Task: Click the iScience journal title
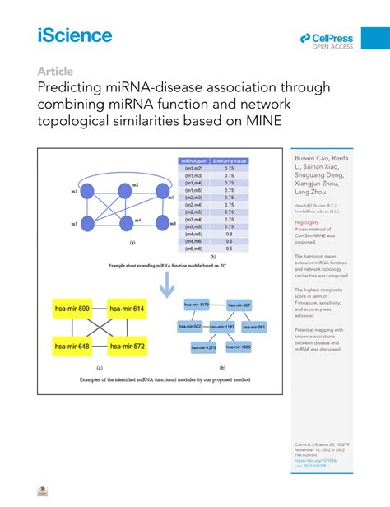click(x=74, y=35)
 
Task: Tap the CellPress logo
click(x=327, y=40)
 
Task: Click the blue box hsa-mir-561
click(x=255, y=326)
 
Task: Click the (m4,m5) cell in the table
click(x=193, y=233)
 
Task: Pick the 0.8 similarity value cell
click(x=230, y=233)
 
